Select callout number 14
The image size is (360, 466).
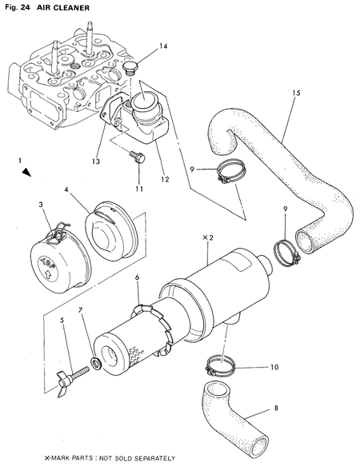[163, 46]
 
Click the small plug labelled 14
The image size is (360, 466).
[133, 68]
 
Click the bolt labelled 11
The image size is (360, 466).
[138, 157]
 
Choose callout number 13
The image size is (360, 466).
[96, 161]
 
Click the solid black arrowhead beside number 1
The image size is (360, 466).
[27, 172]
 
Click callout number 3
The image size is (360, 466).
[40, 205]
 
